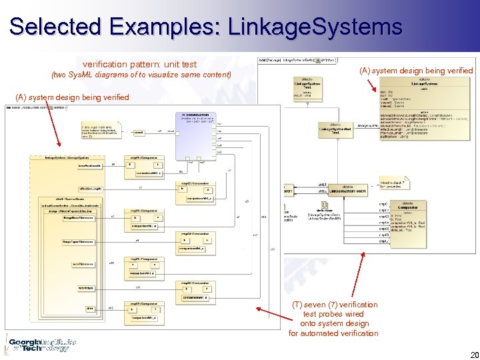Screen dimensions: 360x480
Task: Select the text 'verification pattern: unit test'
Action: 139,64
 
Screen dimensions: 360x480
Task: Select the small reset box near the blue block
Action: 139,133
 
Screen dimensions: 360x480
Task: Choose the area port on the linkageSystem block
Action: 89,308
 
